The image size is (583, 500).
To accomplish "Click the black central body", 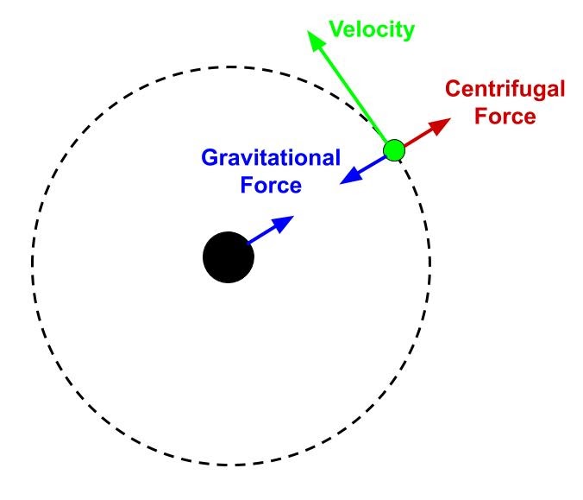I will [x=228, y=257].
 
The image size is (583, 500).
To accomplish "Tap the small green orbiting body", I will [x=394, y=150].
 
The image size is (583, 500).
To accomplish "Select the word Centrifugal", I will [x=505, y=88].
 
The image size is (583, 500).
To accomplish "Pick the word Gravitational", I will [x=271, y=158].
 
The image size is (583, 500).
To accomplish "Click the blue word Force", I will [x=272, y=185].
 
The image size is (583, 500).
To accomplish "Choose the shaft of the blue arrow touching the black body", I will [x=262, y=237].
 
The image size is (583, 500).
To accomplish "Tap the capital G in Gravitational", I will [x=210, y=158].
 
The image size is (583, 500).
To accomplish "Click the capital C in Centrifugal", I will [x=453, y=88].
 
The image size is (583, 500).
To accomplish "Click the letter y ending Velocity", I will [x=409, y=33].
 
